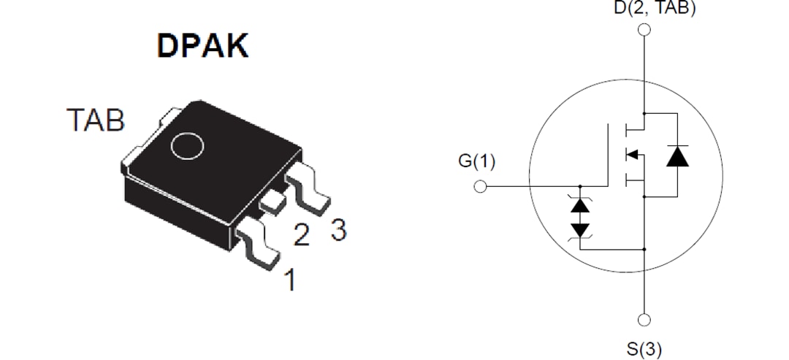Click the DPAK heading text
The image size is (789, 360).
pyautogui.click(x=202, y=46)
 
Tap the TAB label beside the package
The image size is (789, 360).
pyautogui.click(x=95, y=120)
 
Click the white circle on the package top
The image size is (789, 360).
pyautogui.click(x=187, y=145)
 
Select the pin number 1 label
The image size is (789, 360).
pyautogui.click(x=290, y=280)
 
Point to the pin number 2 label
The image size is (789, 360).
pyautogui.click(x=301, y=235)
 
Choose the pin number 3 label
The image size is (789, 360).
pyautogui.click(x=338, y=230)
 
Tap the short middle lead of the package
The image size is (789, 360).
pyautogui.click(x=272, y=202)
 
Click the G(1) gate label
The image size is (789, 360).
pyautogui.click(x=476, y=161)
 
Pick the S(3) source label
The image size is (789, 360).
pyautogui.click(x=644, y=349)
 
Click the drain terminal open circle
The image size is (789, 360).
pyautogui.click(x=644, y=30)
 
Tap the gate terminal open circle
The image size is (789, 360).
pyautogui.click(x=480, y=186)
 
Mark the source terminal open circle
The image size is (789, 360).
pyautogui.click(x=644, y=320)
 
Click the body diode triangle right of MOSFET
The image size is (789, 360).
pyautogui.click(x=677, y=156)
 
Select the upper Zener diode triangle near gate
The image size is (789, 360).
pyautogui.click(x=581, y=205)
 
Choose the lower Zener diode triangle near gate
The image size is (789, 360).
pyautogui.click(x=581, y=229)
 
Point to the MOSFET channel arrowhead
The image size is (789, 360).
pyautogui.click(x=633, y=154)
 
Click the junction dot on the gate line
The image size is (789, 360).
pyautogui.click(x=581, y=186)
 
